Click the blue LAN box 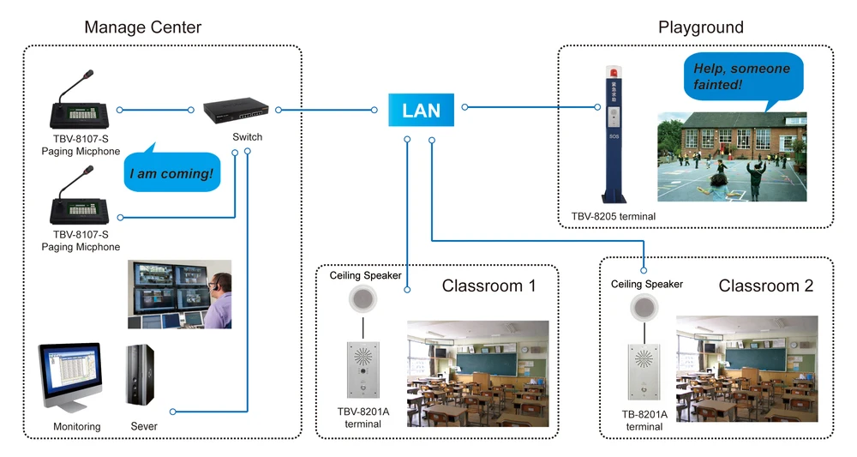click(x=422, y=109)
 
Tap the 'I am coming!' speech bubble click(x=171, y=174)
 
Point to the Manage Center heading click(x=143, y=27)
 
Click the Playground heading click(x=701, y=27)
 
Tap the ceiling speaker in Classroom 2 click(x=644, y=306)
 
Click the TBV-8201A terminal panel click(x=363, y=370)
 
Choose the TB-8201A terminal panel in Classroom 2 click(x=644, y=376)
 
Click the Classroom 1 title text click(x=488, y=286)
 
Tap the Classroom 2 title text click(x=765, y=286)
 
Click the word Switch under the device click(x=248, y=137)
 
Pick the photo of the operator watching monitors click(x=179, y=294)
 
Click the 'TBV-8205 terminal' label click(x=613, y=216)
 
